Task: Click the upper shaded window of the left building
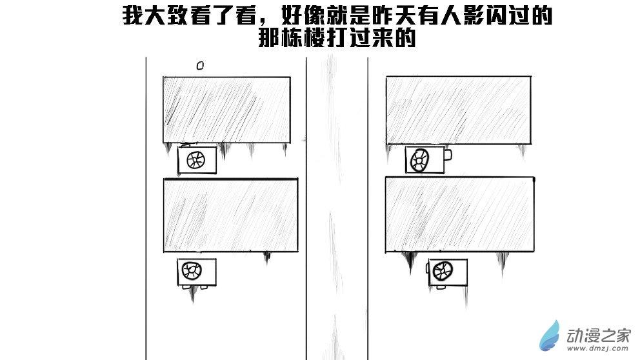[226, 110]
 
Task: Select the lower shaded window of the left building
[231, 215]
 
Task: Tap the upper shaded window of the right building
[459, 110]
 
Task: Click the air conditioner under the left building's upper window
[197, 160]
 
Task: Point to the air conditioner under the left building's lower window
[196, 272]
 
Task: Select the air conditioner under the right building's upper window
[425, 159]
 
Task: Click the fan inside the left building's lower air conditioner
[192, 270]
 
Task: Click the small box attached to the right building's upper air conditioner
[448, 155]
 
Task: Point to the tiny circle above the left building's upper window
[200, 65]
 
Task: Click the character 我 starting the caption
[132, 17]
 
